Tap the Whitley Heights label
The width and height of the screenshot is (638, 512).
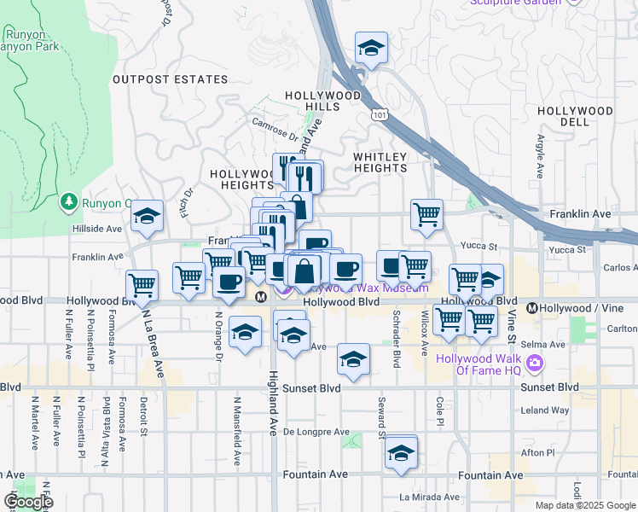tap(380, 162)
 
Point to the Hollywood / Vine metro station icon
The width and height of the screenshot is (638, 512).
tap(532, 308)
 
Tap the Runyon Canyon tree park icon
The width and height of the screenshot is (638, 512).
tap(68, 202)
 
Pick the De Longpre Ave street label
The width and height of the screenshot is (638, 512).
tap(312, 432)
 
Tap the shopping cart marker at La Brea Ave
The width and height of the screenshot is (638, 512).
tap(142, 285)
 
